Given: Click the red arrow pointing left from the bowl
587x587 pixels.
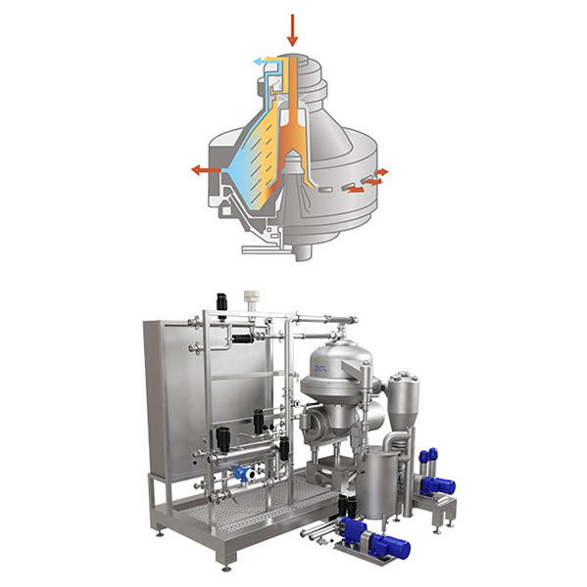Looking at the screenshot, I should pos(205,170).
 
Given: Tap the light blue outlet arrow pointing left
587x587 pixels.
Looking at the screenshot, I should pos(257,62).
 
